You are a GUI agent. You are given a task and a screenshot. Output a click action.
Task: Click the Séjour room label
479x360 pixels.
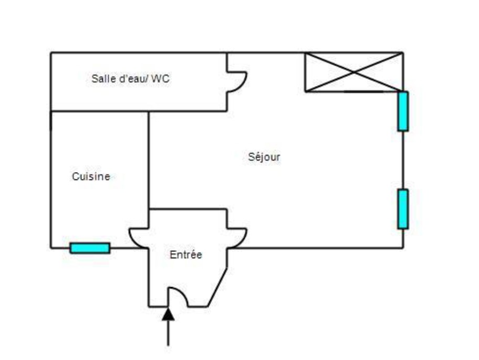pyautogui.click(x=264, y=157)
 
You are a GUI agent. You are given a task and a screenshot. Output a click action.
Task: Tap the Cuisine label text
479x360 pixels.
pyautogui.click(x=91, y=177)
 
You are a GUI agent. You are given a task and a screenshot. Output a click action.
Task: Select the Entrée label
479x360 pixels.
pyautogui.click(x=186, y=255)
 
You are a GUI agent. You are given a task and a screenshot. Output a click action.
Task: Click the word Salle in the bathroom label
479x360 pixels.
pyautogui.click(x=101, y=79)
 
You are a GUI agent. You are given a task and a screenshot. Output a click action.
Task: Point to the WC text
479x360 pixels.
pyautogui.click(x=161, y=79)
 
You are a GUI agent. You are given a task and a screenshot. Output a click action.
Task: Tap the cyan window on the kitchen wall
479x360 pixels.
pyautogui.click(x=90, y=248)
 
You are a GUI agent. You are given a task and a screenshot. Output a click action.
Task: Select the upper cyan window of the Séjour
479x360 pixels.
pyautogui.click(x=403, y=111)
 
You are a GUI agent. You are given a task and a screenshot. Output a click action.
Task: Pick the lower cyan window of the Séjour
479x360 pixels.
pyautogui.click(x=403, y=209)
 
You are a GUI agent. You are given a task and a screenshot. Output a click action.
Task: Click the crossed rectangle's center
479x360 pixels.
pyautogui.click(x=354, y=72)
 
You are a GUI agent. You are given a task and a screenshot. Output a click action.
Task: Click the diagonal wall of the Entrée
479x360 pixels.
pyautogui.click(x=218, y=288)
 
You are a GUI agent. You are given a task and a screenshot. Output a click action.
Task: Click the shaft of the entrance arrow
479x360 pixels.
pyautogui.click(x=168, y=333)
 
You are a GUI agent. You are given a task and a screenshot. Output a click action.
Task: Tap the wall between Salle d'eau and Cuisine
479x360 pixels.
pyautogui.click(x=100, y=111)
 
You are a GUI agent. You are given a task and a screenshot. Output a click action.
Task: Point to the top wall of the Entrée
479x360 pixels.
pyautogui.click(x=188, y=209)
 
